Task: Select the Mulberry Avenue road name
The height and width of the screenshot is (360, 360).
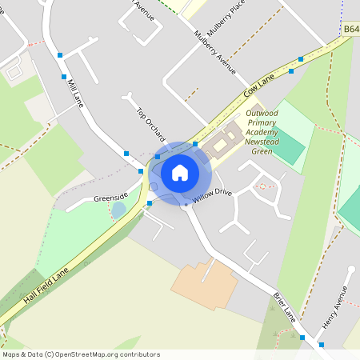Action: click(215, 55)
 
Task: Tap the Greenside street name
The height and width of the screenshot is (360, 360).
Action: click(110, 195)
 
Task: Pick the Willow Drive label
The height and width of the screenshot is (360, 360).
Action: click(211, 194)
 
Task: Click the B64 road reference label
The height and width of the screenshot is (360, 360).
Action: click(350, 30)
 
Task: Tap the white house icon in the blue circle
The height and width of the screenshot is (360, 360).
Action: click(180, 172)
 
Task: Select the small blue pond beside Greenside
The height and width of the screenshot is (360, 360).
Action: click(118, 210)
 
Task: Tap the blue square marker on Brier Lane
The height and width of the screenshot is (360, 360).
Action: click(302, 338)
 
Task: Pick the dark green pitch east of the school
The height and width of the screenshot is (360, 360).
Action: click(288, 148)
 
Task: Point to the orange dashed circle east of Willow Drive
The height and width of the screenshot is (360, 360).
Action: click(262, 186)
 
